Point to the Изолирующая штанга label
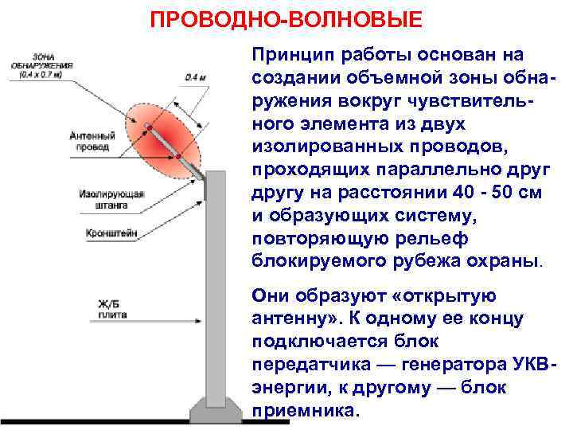(103, 199)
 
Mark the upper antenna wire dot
(147, 127)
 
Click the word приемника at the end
(305, 412)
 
